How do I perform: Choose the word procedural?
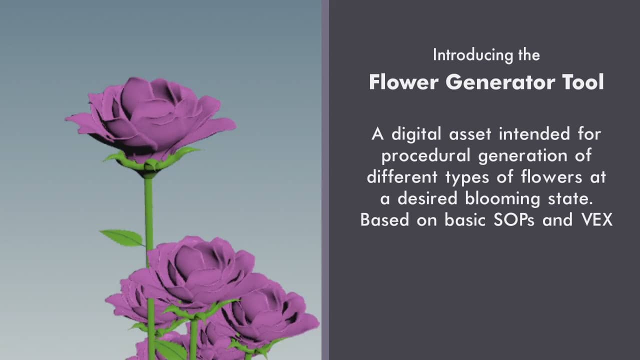point(425,156)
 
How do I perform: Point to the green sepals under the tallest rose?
point(150,161)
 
